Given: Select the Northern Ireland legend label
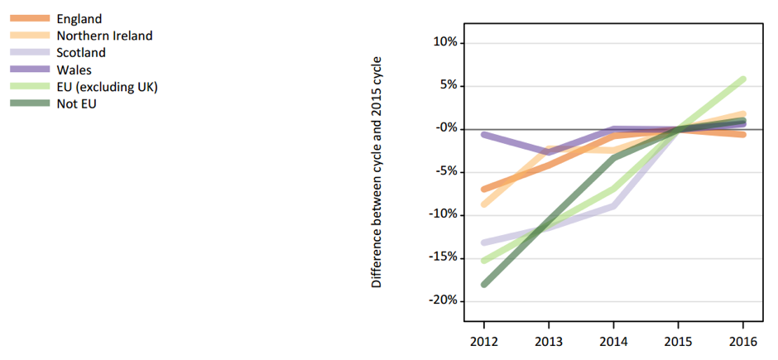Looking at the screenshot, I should [x=104, y=35].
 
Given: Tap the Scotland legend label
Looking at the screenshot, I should [x=81, y=52].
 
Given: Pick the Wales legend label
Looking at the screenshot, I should [x=74, y=70].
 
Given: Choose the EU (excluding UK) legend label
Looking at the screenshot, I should [x=108, y=87].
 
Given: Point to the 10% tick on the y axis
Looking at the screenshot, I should [x=444, y=42].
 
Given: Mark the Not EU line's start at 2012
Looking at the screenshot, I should [x=484, y=284].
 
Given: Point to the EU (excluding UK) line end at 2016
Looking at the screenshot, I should [x=742, y=79].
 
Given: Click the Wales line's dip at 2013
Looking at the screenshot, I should [x=548, y=152].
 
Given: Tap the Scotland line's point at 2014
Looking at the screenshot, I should [x=612, y=205].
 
